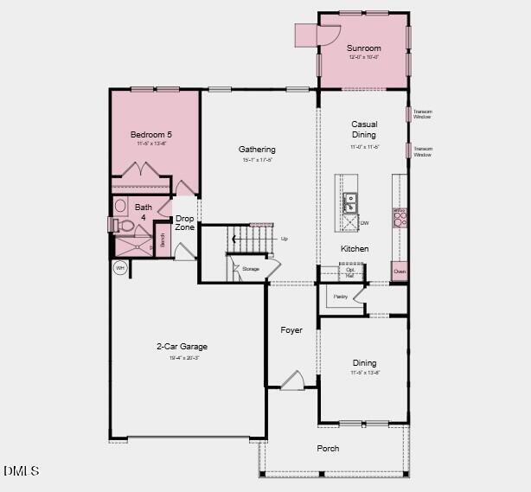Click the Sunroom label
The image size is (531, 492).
point(363,48)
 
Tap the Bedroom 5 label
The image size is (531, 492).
point(151,135)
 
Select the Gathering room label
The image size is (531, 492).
point(257,150)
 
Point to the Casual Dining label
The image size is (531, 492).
point(364,129)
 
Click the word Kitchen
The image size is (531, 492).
point(355,249)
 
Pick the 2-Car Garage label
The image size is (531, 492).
point(182,347)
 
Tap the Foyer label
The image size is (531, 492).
point(291,330)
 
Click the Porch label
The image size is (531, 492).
point(328,448)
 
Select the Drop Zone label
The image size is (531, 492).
point(185,223)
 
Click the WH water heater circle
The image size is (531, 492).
point(120,268)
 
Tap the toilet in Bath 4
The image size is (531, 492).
point(123,225)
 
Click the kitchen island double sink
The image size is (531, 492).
point(349,203)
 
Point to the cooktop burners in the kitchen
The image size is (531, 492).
point(400,217)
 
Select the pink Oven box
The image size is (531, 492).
point(400,272)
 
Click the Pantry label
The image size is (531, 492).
point(340,297)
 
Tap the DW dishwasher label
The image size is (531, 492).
point(364,223)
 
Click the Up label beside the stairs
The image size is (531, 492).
point(284,239)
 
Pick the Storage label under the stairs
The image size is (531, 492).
point(250,269)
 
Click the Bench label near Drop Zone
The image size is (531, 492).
point(162,241)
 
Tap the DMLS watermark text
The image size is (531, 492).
point(22,471)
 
